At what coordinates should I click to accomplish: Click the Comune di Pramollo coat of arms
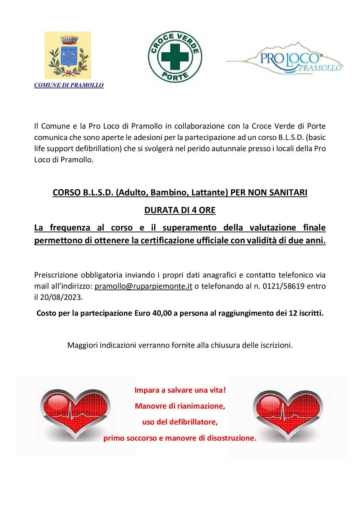(x=68, y=55)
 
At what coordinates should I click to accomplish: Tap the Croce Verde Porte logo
(x=175, y=57)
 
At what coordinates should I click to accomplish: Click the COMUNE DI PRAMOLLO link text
(x=69, y=85)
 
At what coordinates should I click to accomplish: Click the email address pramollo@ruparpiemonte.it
(x=143, y=286)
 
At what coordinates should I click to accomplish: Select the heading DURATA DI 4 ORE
(x=180, y=210)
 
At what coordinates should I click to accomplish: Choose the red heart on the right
(x=288, y=413)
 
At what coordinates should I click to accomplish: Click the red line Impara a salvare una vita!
(x=180, y=390)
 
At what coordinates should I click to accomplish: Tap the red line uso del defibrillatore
(x=180, y=422)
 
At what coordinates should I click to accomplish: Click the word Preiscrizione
(x=56, y=275)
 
